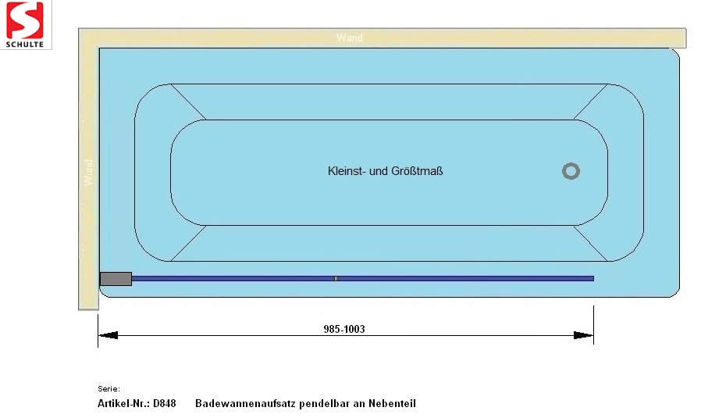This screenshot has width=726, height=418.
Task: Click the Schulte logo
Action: point(26,24)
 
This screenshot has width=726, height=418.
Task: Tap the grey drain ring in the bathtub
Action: point(571,171)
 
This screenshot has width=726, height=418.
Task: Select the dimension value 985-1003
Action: point(344,329)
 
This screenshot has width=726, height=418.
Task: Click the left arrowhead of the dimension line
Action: point(108,335)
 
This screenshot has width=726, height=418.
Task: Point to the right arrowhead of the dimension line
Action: point(583,335)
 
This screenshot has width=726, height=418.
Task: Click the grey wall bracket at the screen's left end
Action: point(116,278)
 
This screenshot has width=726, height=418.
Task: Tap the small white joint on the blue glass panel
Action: point(336,278)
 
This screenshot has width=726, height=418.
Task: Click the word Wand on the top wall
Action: point(349,38)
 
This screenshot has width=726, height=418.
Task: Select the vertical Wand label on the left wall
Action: point(88,173)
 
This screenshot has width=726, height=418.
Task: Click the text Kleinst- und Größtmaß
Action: point(385,171)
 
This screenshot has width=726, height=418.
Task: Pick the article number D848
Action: point(164,404)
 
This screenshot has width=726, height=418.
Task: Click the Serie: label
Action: point(109,388)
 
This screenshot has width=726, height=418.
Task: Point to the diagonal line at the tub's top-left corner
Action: point(188,102)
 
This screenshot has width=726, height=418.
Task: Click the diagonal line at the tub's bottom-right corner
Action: point(591,244)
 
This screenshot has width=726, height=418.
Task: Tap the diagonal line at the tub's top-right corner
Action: point(591,102)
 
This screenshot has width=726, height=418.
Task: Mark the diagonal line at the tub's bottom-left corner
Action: point(188,244)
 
